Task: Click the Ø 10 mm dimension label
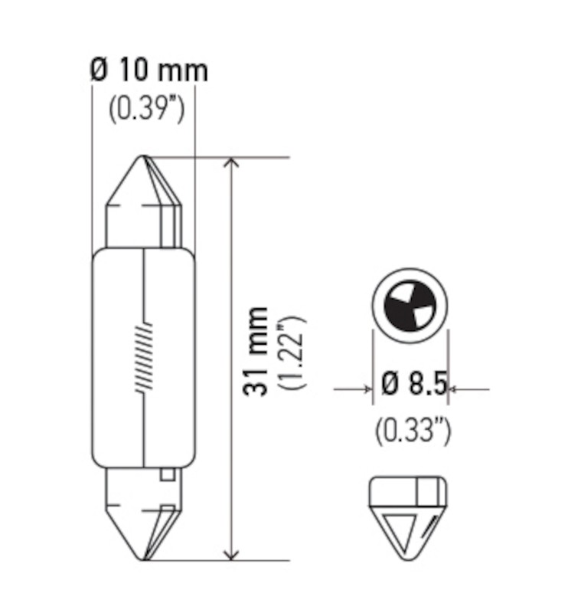coord(149,71)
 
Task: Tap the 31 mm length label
coord(257,351)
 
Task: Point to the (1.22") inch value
coord(293,351)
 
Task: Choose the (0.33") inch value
coord(413,431)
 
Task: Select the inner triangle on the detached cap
coord(401,529)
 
